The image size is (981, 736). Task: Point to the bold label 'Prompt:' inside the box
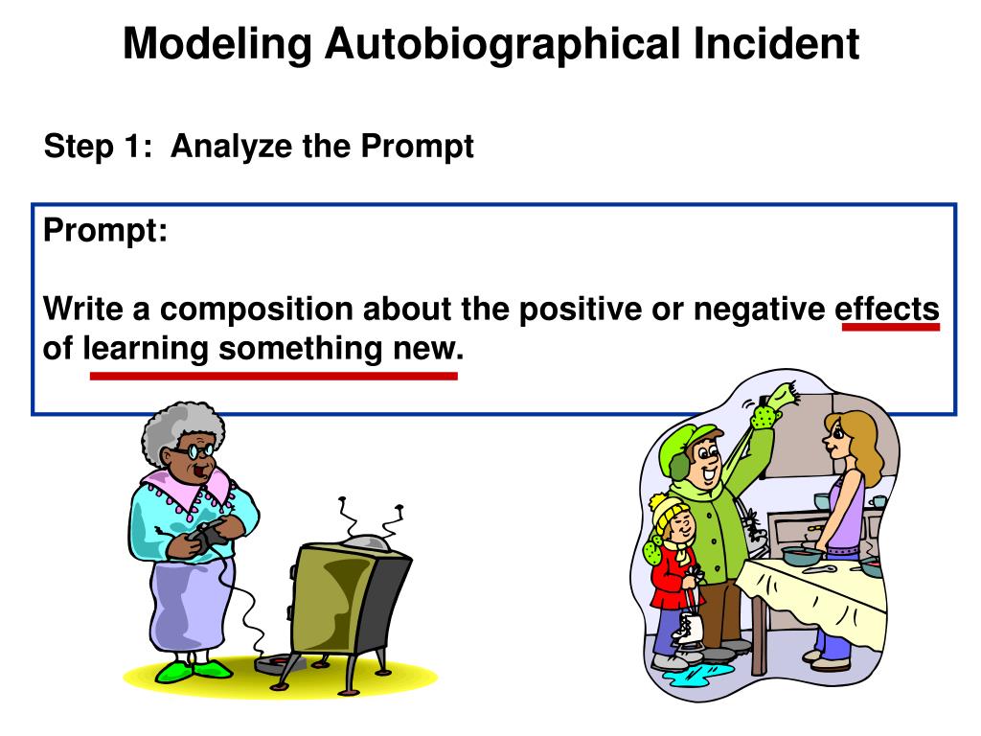point(105,231)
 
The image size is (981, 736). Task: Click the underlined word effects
point(887,309)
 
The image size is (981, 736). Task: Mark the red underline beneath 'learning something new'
point(273,376)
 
